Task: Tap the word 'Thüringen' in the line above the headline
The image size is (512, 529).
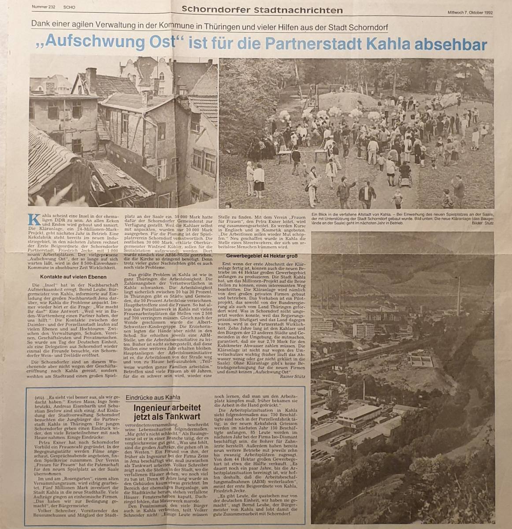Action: pyautogui.click(x=223, y=27)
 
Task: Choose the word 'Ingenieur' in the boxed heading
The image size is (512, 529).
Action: pyautogui.click(x=150, y=408)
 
